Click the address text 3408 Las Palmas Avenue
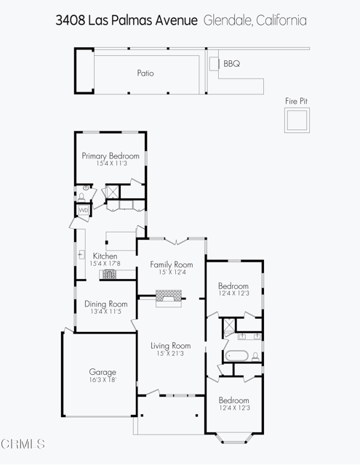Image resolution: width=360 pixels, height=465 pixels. [x=126, y=20]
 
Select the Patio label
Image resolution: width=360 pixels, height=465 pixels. [x=145, y=73]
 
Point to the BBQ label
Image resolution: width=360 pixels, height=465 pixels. [x=231, y=64]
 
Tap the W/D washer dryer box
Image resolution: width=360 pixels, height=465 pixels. [x=83, y=211]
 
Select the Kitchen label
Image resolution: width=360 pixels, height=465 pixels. [x=105, y=256]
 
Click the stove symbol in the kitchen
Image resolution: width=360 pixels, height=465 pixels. [x=108, y=274]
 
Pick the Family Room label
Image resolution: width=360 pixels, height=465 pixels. [x=172, y=264]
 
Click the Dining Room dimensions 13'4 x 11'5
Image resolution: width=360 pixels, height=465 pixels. [x=105, y=312]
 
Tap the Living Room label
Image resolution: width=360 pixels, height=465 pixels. [x=170, y=346]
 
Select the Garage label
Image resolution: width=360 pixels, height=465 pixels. [x=103, y=371]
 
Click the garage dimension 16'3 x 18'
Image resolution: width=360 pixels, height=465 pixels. [x=103, y=379]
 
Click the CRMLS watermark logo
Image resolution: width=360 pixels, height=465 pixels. [x=23, y=442]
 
